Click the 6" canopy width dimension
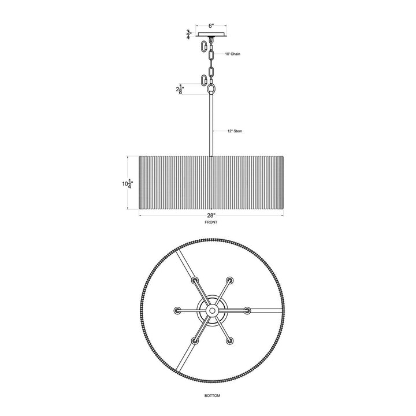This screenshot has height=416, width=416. pyautogui.click(x=211, y=26)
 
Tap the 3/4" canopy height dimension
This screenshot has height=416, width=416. pyautogui.click(x=188, y=35)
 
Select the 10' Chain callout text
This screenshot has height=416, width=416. pyautogui.click(x=233, y=54)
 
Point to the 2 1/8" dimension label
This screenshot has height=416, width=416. pyautogui.click(x=180, y=90)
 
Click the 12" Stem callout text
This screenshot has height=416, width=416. pyautogui.click(x=235, y=131)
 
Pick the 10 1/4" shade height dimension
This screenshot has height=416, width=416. pyautogui.click(x=127, y=184)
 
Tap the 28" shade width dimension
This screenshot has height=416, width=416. pyautogui.click(x=211, y=215)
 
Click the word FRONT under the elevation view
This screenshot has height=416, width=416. pyautogui.click(x=211, y=222)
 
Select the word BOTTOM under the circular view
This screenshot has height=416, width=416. pyautogui.click(x=212, y=396)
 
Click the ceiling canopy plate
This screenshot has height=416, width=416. pyautogui.click(x=211, y=34)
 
